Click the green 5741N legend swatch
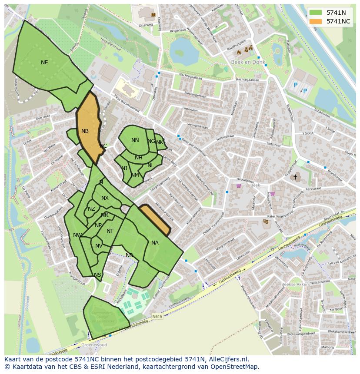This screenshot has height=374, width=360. [x=316, y=13]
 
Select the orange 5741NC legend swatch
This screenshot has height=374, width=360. [x=316, y=21]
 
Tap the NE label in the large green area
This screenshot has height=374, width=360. [x=44, y=63]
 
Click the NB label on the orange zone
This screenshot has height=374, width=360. [x=85, y=131]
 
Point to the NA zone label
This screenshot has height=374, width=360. [x=155, y=243]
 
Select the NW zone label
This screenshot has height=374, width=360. [x=77, y=235]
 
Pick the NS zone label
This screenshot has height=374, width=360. [x=97, y=275]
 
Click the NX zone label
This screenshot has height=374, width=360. [x=105, y=198]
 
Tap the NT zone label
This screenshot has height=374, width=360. [x=110, y=231]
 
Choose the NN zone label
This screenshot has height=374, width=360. [x=135, y=140]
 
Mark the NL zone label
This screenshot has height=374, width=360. [x=150, y=165]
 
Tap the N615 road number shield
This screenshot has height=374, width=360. [x=157, y=317]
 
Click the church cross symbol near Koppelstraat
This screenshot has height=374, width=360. [x=295, y=177]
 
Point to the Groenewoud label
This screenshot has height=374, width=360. [x=94, y=345]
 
